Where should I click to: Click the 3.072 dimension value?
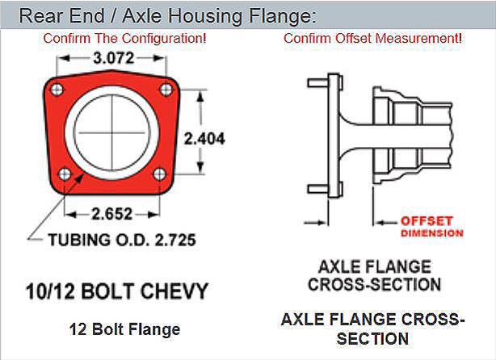tap(114, 58)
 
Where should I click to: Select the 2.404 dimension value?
tap(204, 139)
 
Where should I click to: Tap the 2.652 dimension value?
tap(112, 214)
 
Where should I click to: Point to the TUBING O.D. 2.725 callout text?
tap(122, 240)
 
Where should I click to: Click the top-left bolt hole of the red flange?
tap(57, 90)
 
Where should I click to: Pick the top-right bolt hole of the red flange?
tap(166, 90)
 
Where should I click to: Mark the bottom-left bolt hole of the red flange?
tap(65, 174)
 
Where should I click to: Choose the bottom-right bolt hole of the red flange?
tap(159, 174)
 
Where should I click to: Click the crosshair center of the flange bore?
tap(112, 132)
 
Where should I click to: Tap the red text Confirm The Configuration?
tap(124, 38)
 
